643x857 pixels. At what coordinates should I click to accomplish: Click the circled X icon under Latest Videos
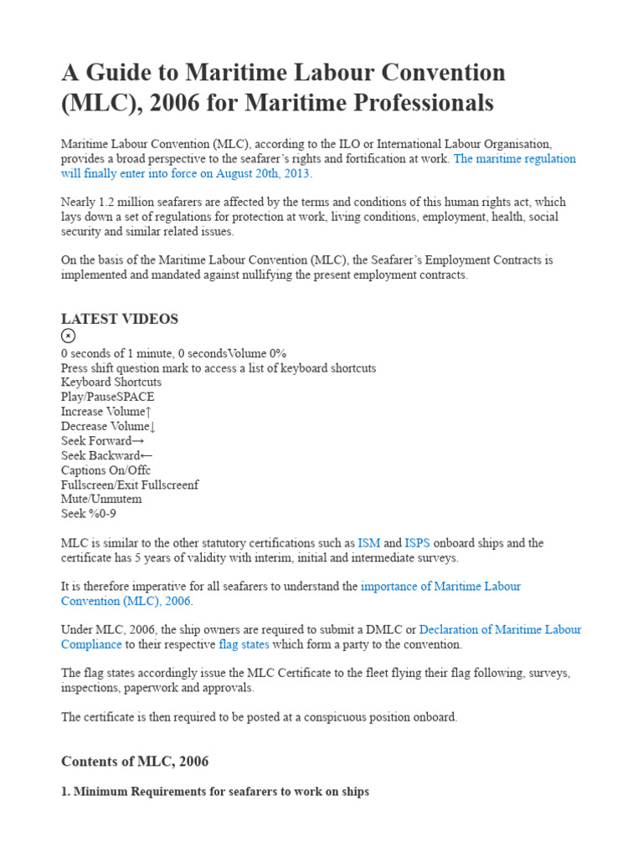click(69, 336)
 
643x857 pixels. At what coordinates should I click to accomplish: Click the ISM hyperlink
click(369, 543)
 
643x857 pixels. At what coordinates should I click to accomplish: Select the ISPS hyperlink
click(417, 543)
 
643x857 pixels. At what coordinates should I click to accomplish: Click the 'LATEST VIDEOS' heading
click(119, 319)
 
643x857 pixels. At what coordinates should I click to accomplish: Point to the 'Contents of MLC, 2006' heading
click(135, 762)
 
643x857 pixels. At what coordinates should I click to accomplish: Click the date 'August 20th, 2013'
click(262, 173)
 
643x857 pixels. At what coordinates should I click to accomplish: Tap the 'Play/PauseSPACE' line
click(107, 397)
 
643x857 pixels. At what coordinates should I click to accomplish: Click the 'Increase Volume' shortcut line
click(106, 412)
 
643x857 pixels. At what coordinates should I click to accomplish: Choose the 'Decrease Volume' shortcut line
click(109, 426)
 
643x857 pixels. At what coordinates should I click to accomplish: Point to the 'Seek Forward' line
click(102, 441)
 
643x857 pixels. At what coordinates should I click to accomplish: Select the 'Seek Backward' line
click(106, 455)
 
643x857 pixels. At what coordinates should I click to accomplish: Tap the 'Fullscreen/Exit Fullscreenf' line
click(130, 485)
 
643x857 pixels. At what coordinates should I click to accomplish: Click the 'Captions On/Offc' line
click(105, 470)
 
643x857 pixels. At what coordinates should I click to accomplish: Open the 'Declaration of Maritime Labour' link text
click(500, 629)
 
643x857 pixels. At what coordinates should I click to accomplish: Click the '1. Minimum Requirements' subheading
click(214, 791)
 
